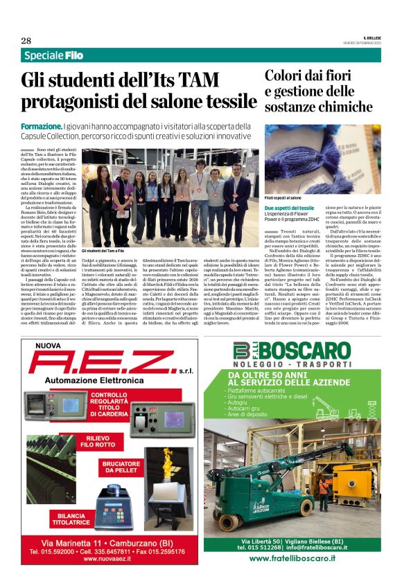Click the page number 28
26,40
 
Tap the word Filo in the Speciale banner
74,55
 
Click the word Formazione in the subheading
41,127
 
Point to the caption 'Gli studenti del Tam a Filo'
103,251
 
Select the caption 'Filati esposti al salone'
283,197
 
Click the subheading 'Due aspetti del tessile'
289,208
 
